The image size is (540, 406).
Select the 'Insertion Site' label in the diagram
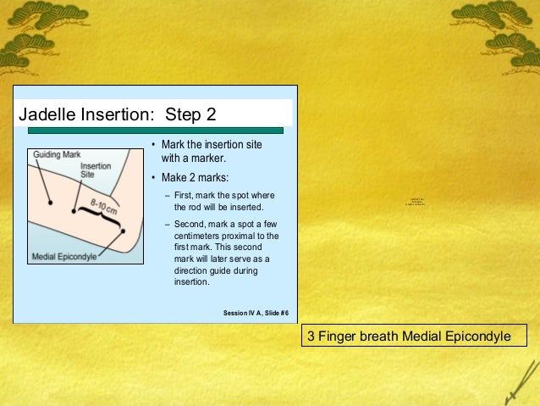94,170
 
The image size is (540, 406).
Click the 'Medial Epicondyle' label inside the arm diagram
64,257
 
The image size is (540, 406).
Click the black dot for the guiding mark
51,203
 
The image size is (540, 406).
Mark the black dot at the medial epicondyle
124,230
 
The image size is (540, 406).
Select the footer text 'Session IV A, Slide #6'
256,313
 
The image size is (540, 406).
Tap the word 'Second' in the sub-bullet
190,225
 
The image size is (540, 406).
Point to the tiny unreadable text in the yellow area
414,200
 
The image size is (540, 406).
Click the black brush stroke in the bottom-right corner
518,386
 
